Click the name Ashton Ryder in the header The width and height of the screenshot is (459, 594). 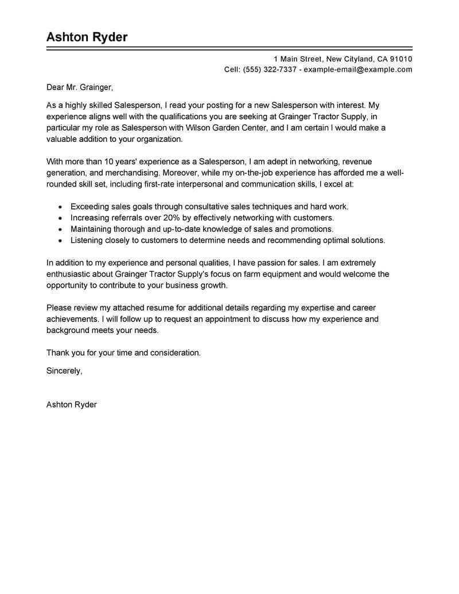coord(87,37)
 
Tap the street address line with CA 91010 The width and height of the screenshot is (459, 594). coord(343,59)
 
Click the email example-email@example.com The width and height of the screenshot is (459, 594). coord(358,69)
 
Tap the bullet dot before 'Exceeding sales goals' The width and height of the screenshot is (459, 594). coord(60,206)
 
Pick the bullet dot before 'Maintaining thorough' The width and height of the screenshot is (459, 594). coord(60,229)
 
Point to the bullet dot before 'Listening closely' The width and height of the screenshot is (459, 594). coord(60,240)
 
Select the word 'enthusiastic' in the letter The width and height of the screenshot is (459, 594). coord(69,274)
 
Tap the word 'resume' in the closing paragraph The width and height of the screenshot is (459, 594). coord(150,308)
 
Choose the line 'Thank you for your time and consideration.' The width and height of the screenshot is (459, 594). coord(123,353)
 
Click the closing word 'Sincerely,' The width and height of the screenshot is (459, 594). coord(64,371)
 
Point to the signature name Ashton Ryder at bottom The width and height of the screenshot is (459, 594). coord(71,405)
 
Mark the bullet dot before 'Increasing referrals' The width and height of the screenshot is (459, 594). coord(60,218)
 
